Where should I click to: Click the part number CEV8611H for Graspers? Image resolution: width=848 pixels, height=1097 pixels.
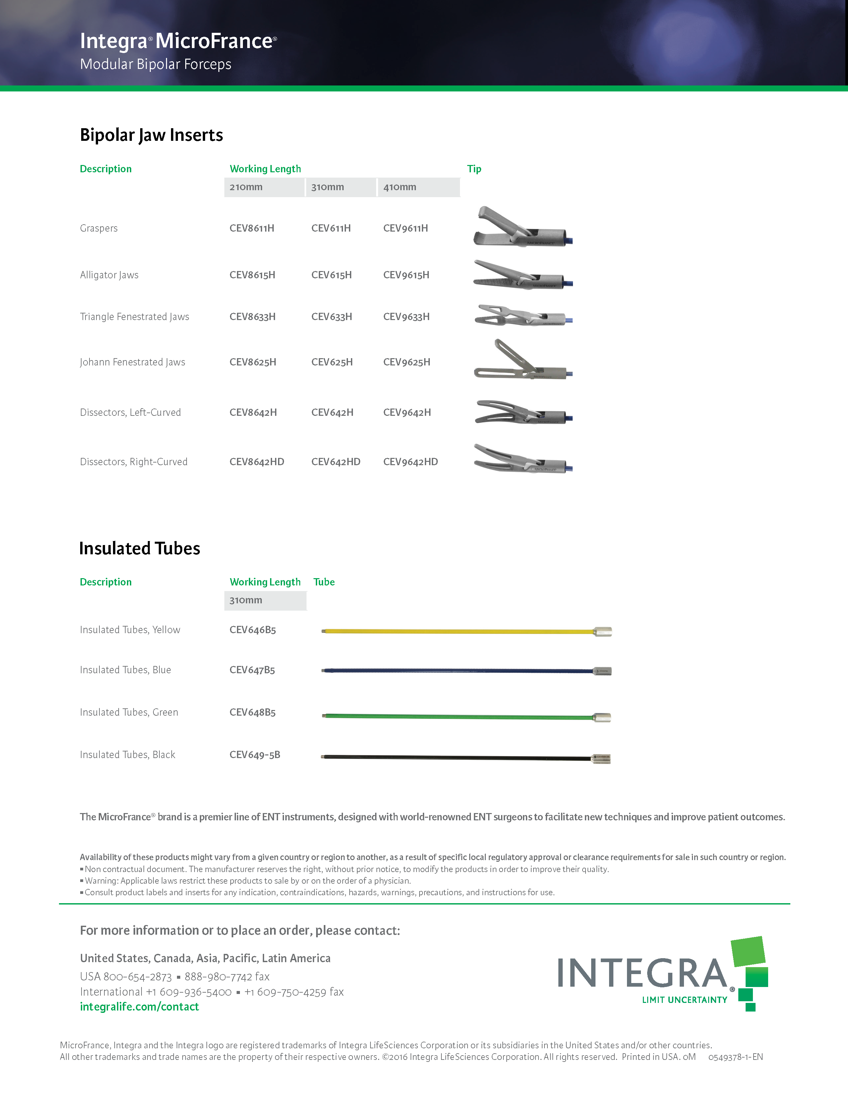(x=252, y=228)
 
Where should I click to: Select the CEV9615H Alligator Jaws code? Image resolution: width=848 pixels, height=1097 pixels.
(x=406, y=275)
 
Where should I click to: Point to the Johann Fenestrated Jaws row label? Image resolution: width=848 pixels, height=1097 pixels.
(x=132, y=362)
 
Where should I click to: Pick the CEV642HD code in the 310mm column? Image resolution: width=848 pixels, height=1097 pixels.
(x=336, y=462)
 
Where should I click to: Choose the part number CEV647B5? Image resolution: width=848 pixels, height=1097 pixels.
(x=252, y=670)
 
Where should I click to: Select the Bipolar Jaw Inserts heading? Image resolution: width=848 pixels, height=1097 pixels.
(x=151, y=135)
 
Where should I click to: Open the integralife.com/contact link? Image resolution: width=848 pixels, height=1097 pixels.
(x=139, y=1007)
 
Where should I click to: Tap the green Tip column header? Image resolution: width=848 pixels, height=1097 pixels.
(x=474, y=169)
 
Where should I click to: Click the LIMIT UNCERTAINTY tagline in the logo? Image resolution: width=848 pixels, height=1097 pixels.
(x=684, y=1000)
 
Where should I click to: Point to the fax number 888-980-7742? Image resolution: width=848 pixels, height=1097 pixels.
(x=227, y=976)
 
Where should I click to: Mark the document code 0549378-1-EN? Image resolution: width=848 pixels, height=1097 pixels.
(x=735, y=1057)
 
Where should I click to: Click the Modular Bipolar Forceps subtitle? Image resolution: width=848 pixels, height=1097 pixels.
(x=156, y=64)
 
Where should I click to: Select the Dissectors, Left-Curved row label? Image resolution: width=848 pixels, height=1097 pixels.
(x=130, y=412)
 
